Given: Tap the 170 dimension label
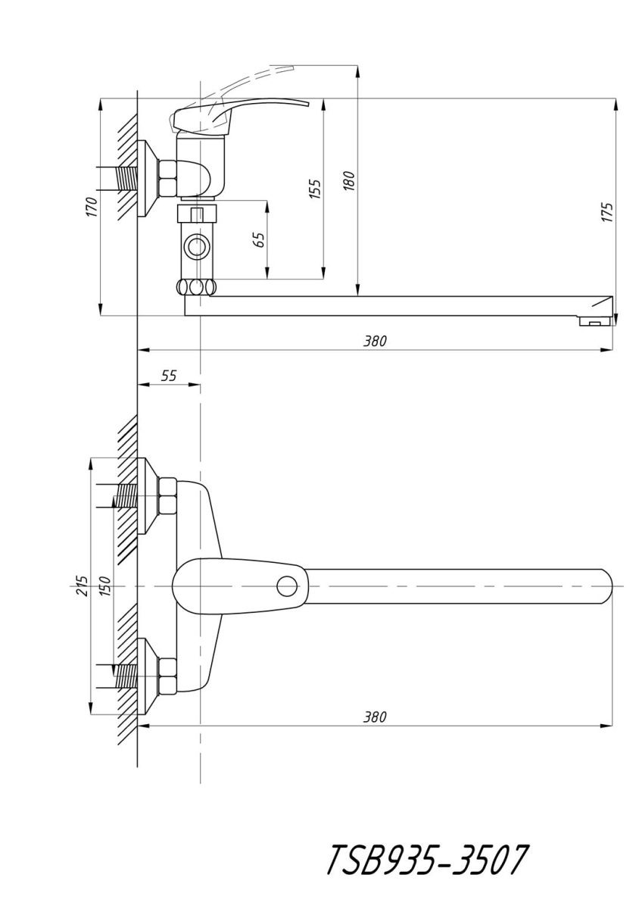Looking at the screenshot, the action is coord(92,207).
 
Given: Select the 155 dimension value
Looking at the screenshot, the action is coord(315,189).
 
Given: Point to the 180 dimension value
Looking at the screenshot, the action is coord(350,181).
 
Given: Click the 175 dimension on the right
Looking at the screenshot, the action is coord(607,212).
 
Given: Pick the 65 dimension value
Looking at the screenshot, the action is coord(260,240).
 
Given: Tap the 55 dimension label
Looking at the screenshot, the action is coord(169,376).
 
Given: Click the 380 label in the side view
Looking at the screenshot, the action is coord(375,342).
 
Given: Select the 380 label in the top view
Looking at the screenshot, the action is coord(375,717).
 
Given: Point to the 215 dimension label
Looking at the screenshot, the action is coord(83,586).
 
